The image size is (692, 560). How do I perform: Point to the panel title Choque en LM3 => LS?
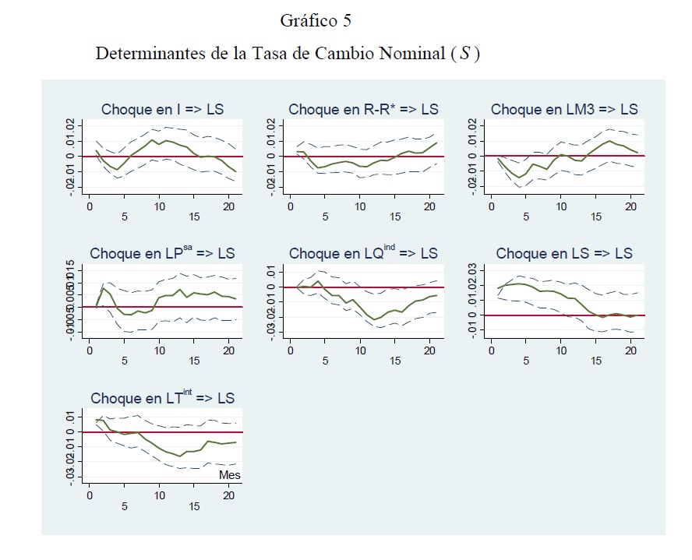tap(564, 110)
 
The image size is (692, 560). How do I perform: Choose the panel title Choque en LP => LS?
tap(162, 254)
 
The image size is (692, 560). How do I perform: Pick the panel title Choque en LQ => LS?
tap(363, 254)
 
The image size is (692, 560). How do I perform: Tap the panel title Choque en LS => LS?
tap(564, 254)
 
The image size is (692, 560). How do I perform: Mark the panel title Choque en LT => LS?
tap(162, 398)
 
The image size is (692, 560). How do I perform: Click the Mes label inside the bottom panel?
tap(230, 474)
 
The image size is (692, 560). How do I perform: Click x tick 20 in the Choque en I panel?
tap(229, 206)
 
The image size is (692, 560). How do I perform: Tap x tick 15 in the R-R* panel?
tap(395, 217)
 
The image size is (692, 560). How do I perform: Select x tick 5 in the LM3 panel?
tap(526, 217)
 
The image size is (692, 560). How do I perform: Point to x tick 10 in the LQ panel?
tap(360, 350)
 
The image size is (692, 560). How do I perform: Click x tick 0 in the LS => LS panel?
tap(491, 350)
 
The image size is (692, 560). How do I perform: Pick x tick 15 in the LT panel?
tap(194, 507)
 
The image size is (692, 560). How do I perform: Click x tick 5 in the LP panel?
tap(124, 361)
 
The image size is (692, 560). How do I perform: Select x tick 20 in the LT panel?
tap(229, 495)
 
